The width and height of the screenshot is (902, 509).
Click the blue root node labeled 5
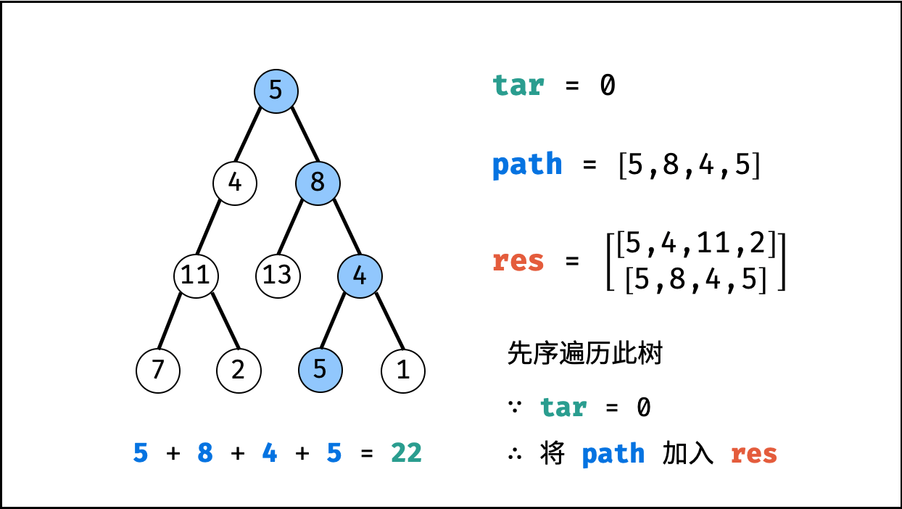[x=276, y=91]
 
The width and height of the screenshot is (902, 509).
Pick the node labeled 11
[x=196, y=276]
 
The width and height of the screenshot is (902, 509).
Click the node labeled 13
[x=278, y=276]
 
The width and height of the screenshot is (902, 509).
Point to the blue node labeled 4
[x=359, y=276]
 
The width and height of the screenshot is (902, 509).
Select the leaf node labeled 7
[x=158, y=370]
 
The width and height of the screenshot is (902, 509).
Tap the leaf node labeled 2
[x=239, y=370]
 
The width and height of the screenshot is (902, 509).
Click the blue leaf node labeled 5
[x=320, y=370]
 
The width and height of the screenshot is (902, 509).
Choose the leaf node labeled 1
[x=403, y=370]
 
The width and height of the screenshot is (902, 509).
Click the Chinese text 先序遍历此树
[x=584, y=355]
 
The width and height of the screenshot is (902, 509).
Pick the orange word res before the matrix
[x=518, y=261]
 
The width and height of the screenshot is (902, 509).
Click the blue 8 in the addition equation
[x=205, y=454]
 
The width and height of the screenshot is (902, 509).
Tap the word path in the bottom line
[x=613, y=454]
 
